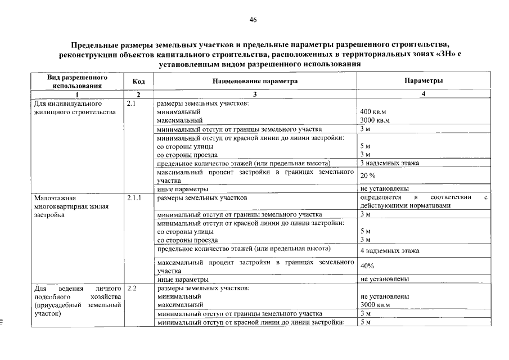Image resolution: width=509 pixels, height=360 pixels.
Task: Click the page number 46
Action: [x=253, y=20]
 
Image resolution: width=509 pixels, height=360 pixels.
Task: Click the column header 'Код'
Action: [x=138, y=82]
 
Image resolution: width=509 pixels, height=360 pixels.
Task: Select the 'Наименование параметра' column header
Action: [x=255, y=82]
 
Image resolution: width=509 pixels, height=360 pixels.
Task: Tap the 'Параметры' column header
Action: [x=423, y=81]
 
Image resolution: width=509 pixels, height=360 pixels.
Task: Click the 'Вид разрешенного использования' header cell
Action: [x=77, y=82]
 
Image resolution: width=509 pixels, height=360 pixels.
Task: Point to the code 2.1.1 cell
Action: [x=134, y=198]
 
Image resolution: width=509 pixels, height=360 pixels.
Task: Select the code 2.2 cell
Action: [x=133, y=288]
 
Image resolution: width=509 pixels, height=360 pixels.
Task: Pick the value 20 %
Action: [x=368, y=176]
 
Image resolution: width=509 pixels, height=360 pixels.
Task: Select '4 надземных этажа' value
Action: [x=389, y=251]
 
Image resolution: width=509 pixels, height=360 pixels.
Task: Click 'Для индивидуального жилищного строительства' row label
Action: [x=75, y=108]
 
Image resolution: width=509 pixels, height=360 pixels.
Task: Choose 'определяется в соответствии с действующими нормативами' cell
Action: [x=423, y=201]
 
